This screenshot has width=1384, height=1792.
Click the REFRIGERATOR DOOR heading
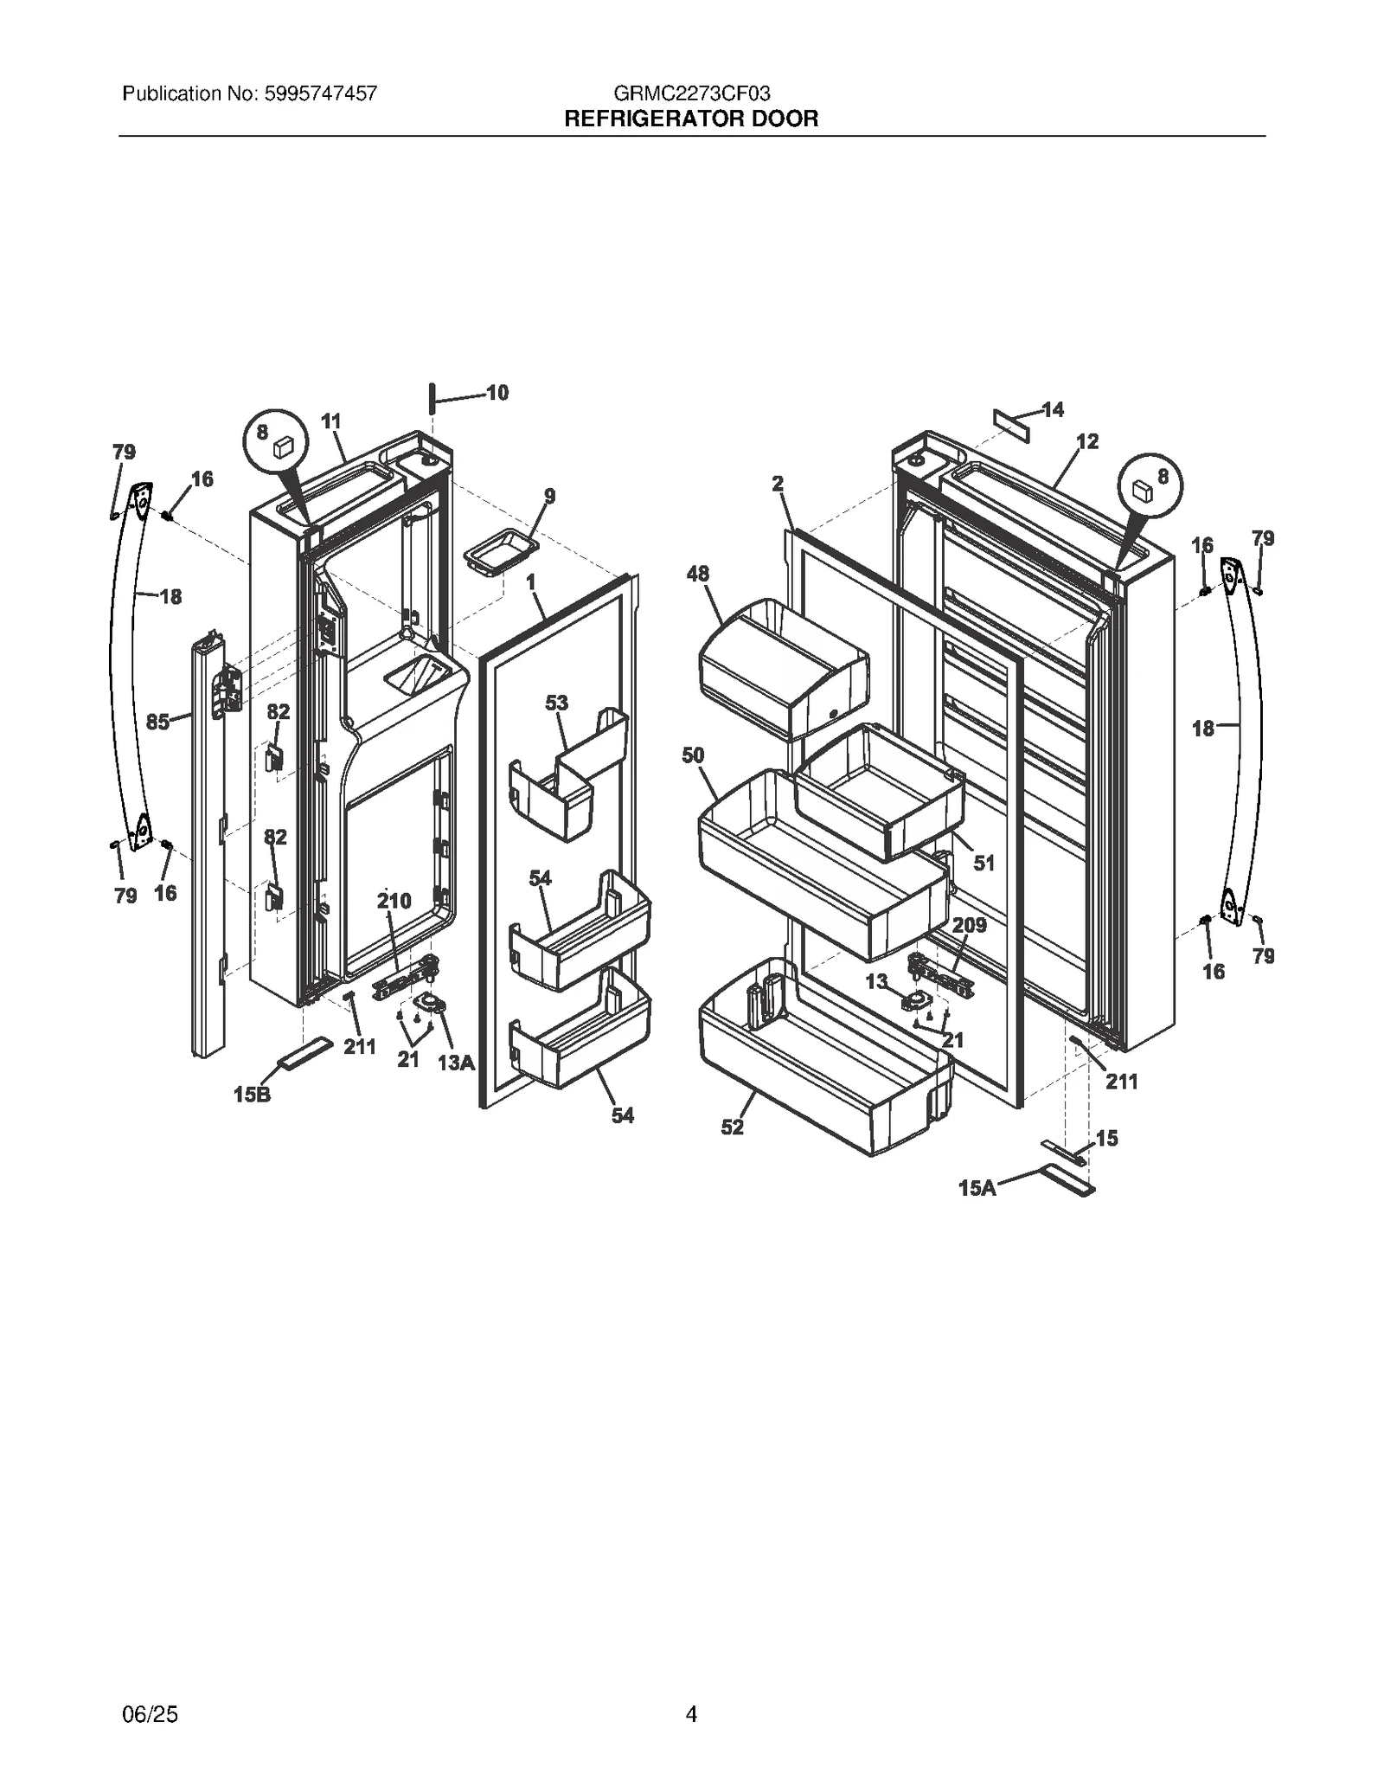click(691, 119)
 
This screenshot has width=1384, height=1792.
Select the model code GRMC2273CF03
click(691, 93)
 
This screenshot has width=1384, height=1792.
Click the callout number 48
click(697, 574)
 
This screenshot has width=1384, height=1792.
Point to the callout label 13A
click(456, 1063)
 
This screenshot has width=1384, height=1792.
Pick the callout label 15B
click(251, 1095)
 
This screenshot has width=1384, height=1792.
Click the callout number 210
click(394, 901)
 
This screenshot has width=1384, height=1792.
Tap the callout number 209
click(969, 925)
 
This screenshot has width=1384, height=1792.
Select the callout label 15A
click(977, 1189)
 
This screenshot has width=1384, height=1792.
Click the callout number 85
click(157, 722)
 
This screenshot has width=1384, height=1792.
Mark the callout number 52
click(732, 1127)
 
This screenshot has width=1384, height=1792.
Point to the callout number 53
click(556, 703)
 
